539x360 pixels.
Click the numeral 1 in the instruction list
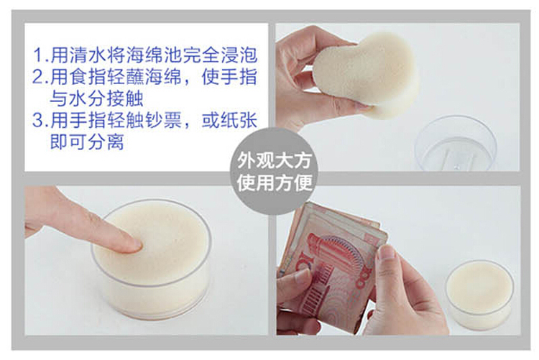click(x=38, y=55)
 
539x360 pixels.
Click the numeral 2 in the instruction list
click(x=37, y=77)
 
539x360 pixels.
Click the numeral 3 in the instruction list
click(x=37, y=120)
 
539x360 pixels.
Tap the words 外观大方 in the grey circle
click(x=274, y=160)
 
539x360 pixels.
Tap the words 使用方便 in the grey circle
click(x=274, y=183)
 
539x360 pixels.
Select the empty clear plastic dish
click(x=456, y=144)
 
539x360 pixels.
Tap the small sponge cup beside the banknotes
click(x=479, y=294)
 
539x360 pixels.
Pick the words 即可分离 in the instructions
click(x=87, y=142)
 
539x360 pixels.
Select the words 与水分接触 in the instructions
click(x=96, y=98)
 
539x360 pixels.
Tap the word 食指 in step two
click(x=87, y=77)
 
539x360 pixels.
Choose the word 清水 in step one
click(x=87, y=55)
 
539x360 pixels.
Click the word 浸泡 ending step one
click(x=239, y=55)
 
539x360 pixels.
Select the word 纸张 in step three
click(x=239, y=120)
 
